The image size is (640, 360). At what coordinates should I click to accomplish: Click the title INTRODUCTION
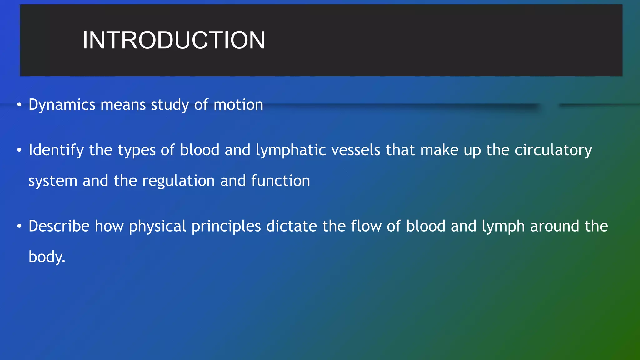pos(174,40)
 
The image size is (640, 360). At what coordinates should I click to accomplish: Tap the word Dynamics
pos(62,105)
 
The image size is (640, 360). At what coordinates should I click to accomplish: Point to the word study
pos(170,105)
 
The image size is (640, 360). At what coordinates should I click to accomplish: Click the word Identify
pos(56,150)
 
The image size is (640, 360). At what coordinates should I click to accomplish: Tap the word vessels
pos(356,150)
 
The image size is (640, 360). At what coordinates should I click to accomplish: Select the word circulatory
pos(553,150)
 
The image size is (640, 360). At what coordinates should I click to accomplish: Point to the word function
pos(280,181)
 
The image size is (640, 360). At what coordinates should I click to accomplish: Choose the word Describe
pos(59,226)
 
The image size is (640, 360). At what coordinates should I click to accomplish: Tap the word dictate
pos(292,226)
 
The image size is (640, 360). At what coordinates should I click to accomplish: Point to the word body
pos(47,257)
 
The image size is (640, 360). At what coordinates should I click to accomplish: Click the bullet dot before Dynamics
pos(19,105)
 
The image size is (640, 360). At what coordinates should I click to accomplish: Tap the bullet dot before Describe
pos(19,226)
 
